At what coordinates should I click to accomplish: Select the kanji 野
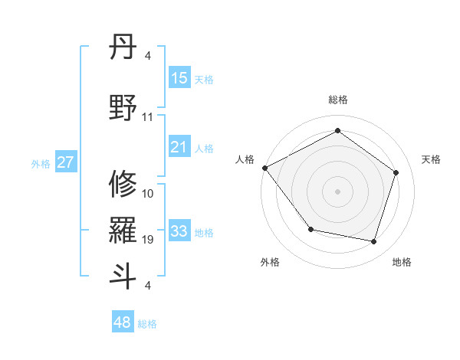pos(123,107)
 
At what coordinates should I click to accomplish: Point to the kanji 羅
pos(123,230)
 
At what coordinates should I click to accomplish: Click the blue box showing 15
pos(179,78)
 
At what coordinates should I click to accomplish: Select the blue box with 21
pos(179,147)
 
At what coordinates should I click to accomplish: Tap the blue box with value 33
pos(179,231)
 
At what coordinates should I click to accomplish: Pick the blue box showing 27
pos(66,162)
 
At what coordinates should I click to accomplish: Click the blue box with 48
pos(123,322)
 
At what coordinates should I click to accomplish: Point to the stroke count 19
pos(148,240)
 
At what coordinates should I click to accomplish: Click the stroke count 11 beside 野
pos(148,117)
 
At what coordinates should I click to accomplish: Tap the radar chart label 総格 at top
pos(337,100)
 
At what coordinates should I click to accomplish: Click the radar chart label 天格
pos(432,159)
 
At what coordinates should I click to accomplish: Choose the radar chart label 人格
pos(245,159)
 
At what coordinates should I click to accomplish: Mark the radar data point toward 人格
pos(264,168)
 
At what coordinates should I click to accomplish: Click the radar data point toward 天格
pos(396,172)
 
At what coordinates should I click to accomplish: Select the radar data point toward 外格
pos(310,229)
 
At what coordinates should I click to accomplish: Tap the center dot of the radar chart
pos(337,191)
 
